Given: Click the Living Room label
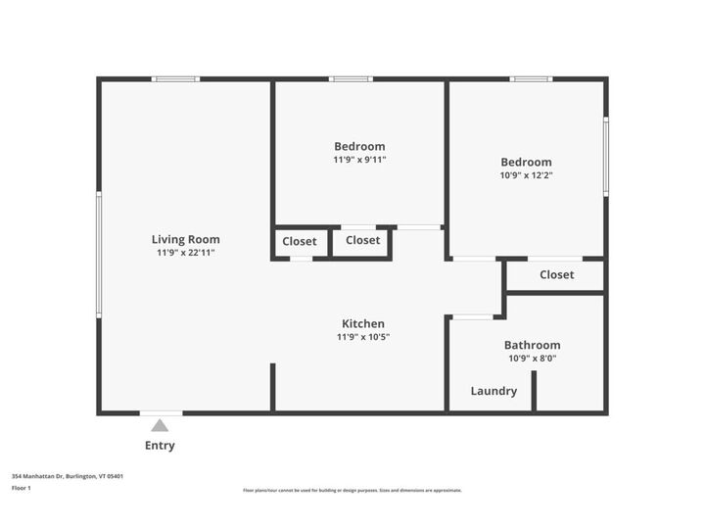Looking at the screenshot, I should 185,239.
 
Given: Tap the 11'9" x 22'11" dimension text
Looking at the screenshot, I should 185,253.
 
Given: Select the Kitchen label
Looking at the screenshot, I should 362,323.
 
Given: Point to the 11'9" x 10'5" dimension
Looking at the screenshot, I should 362,337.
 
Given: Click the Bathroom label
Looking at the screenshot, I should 532,345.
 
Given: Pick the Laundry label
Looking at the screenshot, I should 493,391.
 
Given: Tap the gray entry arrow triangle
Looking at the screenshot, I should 160,425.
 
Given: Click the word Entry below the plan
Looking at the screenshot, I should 160,446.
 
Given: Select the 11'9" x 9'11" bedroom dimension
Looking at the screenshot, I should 359,160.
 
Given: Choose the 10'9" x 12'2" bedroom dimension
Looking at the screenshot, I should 526,176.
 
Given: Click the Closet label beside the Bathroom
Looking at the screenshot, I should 556,275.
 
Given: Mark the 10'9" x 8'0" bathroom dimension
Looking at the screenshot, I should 532,359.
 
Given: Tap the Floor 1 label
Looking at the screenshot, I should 22,487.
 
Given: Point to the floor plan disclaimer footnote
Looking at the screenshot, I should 352,490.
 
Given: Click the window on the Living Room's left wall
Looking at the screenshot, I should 98,254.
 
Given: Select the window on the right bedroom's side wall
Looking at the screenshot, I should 606,156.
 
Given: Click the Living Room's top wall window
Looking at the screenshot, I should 176,79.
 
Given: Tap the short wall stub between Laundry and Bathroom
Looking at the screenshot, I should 534,390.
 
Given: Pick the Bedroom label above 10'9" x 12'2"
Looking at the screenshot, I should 526,163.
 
